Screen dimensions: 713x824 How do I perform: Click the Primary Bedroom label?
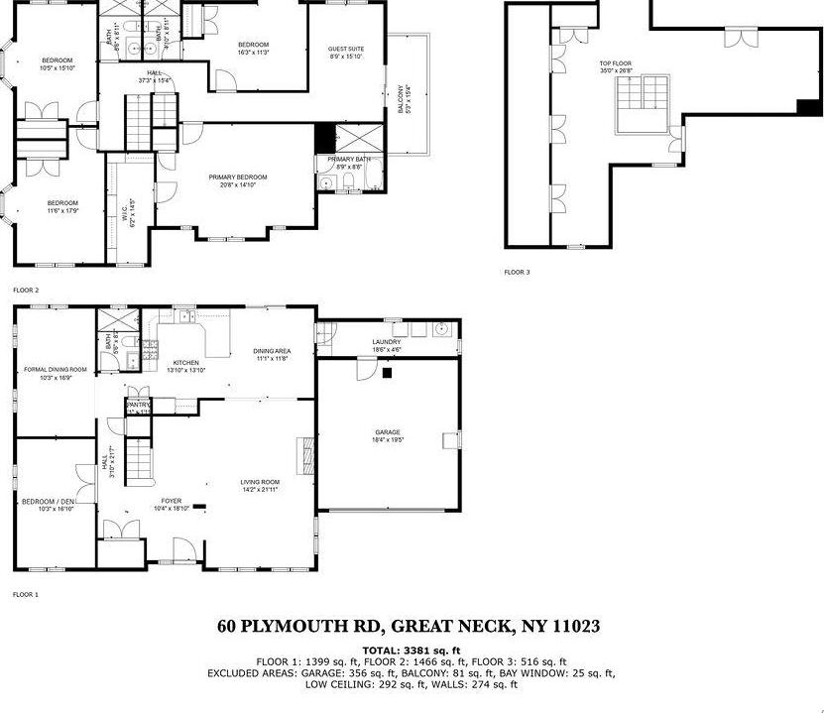click(238, 178)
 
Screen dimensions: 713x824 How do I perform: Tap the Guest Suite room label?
click(346, 49)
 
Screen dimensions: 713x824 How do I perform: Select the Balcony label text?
click(403, 98)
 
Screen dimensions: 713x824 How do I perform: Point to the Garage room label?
click(388, 433)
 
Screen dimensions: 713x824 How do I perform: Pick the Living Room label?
click(260, 483)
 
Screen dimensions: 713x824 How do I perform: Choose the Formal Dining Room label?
click(56, 369)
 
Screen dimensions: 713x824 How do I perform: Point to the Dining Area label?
click(271, 351)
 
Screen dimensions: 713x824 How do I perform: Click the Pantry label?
click(137, 406)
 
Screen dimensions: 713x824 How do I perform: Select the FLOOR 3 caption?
click(516, 272)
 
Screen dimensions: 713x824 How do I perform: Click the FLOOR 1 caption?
click(25, 595)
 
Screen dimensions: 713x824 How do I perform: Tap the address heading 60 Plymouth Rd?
click(409, 627)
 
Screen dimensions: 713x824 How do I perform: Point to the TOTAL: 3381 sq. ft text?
click(412, 650)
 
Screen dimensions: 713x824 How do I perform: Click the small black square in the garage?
click(388, 373)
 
